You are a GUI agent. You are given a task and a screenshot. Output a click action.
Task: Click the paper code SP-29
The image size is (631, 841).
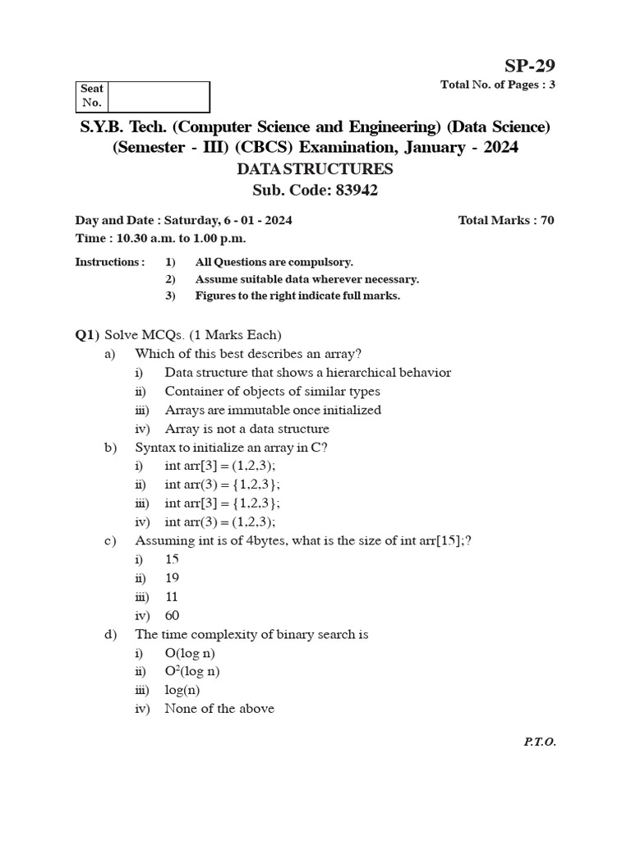531,67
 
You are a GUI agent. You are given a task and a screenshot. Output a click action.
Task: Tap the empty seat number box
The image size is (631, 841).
158,96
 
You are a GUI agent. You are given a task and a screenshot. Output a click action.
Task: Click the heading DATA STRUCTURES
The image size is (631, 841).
315,170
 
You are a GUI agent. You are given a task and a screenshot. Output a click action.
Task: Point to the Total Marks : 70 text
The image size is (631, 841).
505,220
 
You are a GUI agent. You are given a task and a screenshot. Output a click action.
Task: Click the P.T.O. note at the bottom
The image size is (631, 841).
539,742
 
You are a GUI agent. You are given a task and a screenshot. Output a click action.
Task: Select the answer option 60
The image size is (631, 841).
172,615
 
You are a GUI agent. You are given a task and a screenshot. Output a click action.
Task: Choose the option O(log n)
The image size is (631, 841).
190,653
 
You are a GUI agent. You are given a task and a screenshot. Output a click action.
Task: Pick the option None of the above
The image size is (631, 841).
219,708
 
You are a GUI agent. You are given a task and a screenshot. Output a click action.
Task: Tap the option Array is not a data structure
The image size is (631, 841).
246,429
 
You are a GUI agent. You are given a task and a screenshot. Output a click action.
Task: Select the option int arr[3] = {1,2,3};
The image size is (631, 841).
222,503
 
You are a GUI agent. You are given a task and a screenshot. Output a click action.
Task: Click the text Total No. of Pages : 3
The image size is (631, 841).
498,85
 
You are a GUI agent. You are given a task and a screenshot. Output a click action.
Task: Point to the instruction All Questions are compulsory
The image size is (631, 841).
274,262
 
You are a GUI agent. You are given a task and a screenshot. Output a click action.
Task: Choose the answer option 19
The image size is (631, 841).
172,577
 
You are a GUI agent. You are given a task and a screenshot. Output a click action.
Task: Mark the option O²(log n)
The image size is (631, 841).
191,671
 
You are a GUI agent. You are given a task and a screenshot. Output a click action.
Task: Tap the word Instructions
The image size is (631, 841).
109,262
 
